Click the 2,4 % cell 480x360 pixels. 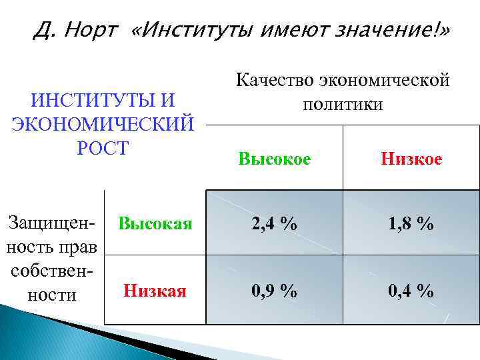tap(274, 224)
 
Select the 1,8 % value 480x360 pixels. tap(411, 224)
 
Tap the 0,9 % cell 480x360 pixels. tap(274, 291)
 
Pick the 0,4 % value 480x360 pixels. tap(411, 291)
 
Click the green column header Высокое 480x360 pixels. tap(274, 159)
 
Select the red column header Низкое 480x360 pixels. tap(411, 159)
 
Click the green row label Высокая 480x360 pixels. tap(155, 223)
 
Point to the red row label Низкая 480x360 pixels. tap(155, 291)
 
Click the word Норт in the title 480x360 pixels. tap(92, 30)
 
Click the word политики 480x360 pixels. tap(343, 105)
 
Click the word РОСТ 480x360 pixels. tap(102, 148)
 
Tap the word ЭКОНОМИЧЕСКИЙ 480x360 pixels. tap(103, 124)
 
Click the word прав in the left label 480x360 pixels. tap(81, 247)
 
